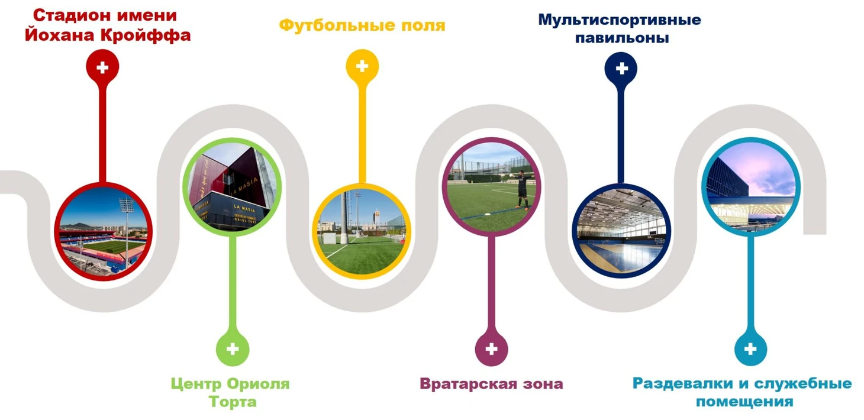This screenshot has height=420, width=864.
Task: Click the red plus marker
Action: [x=102, y=67]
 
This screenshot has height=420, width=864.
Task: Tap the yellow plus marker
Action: [x=362, y=66]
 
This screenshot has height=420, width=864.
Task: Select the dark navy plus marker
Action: [x=621, y=69]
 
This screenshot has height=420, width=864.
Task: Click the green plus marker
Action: [x=232, y=349]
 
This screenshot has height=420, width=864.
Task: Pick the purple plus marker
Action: [x=491, y=349]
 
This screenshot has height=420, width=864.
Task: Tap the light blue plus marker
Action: [x=750, y=349]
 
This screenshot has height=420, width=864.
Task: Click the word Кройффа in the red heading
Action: [x=146, y=35]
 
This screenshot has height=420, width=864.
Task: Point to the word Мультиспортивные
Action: [x=620, y=20]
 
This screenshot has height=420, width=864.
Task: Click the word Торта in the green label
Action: [x=233, y=402]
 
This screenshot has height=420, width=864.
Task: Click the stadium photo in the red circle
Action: [x=104, y=231]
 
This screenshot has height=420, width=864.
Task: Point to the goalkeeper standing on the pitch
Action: [x=522, y=189]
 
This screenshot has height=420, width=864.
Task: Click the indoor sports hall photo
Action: [x=621, y=231]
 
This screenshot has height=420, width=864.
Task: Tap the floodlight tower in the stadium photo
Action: [x=127, y=231]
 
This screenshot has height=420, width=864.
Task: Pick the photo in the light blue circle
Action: [x=750, y=187]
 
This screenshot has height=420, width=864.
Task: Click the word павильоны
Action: [x=622, y=38]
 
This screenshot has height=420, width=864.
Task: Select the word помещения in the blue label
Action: [x=744, y=402]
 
